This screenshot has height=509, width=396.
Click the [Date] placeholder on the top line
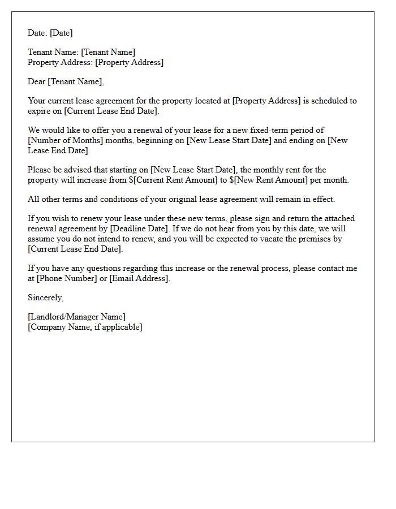[x=61, y=33]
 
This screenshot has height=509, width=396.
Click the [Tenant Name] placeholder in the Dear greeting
[x=75, y=81]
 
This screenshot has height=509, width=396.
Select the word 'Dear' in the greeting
[x=36, y=81]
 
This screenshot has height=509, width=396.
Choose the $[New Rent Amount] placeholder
[x=269, y=180]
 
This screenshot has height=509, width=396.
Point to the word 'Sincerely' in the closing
[x=45, y=297]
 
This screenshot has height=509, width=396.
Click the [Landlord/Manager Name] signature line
[x=76, y=317]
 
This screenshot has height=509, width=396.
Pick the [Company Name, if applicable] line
[x=85, y=327]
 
